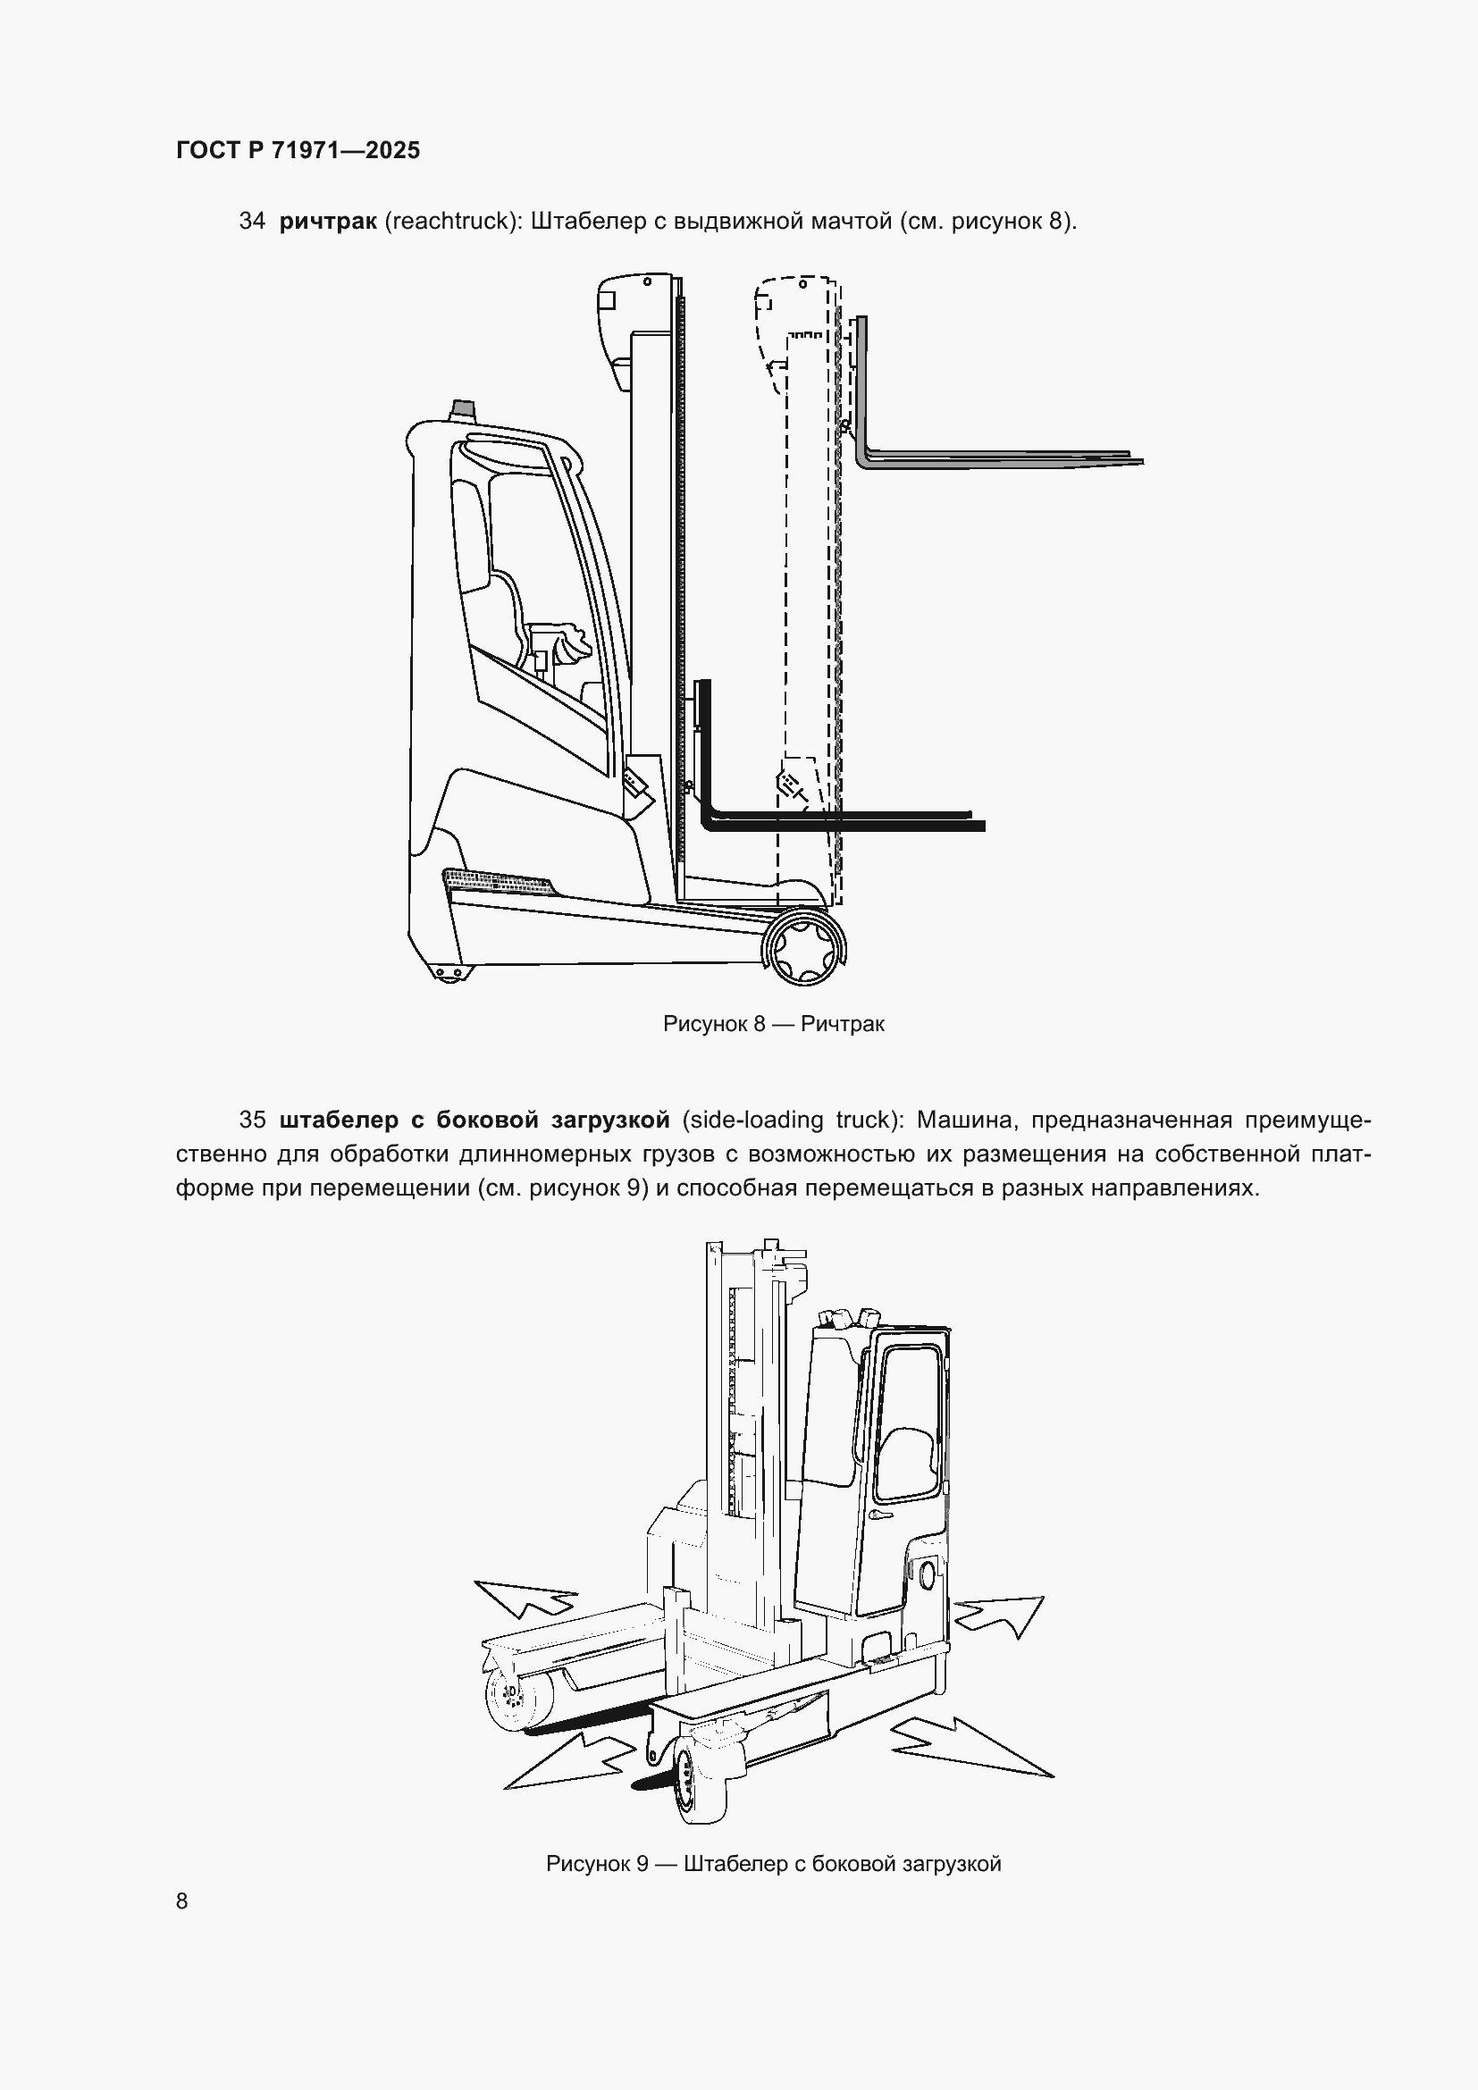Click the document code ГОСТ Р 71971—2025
[x=298, y=150]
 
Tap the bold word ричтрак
[x=328, y=222]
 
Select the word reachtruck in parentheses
[x=449, y=222]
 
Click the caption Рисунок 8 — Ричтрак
[x=774, y=1024]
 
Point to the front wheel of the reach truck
[x=804, y=949]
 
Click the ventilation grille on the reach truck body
[x=497, y=880]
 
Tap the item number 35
[x=252, y=1120]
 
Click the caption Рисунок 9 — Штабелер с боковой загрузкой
[x=774, y=1863]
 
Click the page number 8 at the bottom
[x=182, y=1901]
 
